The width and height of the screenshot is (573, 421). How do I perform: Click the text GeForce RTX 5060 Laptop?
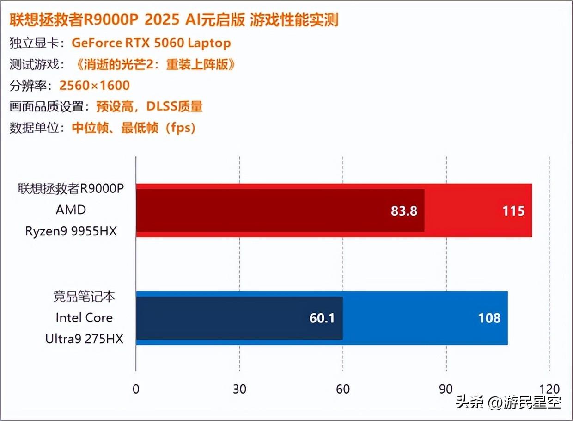pos(151,43)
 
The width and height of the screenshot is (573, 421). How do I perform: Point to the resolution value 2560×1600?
pos(95,86)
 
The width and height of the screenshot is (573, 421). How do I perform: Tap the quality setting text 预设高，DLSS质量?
pos(150,107)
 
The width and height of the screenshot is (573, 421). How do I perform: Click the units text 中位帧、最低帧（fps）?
pos(134,128)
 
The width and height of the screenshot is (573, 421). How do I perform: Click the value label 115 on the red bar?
pos(513,211)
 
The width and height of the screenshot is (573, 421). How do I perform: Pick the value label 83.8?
pos(404,211)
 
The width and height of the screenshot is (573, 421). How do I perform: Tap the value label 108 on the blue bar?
pos(489,318)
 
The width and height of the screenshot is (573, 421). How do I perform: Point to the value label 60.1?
pos(322,318)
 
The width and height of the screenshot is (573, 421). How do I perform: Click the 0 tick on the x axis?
pos(135,389)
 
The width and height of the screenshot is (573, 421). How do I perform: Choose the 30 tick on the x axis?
pos(239,389)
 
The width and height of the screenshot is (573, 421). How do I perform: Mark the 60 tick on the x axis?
pos(342,389)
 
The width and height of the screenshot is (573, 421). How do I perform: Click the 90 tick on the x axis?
pos(446,389)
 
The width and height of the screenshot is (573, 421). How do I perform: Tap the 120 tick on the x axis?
pos(549,389)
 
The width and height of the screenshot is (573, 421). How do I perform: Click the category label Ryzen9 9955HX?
pos(71,231)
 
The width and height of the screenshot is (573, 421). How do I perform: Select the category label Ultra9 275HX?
pos(84,339)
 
